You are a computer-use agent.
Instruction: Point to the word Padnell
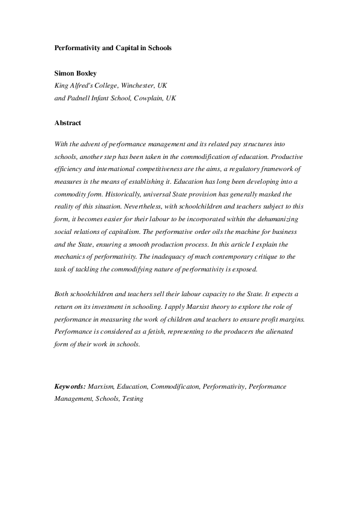coord(83,97)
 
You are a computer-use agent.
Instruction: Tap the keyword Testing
coord(133,399)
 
